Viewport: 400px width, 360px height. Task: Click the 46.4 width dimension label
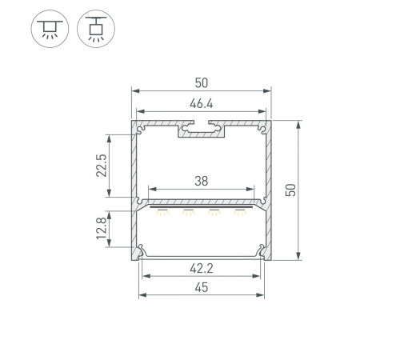[x=202, y=103]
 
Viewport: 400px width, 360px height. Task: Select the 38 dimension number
[x=202, y=181]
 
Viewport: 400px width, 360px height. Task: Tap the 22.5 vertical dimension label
[x=102, y=166]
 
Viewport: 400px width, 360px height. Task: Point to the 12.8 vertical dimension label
[x=102, y=228]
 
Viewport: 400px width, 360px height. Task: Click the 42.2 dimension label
[x=202, y=268]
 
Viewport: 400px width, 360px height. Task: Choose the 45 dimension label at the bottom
[x=202, y=287]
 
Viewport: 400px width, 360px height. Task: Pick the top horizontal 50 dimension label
[x=202, y=83]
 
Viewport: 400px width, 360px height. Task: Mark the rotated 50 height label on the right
[x=290, y=190]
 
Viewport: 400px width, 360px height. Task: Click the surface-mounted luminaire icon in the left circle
[x=50, y=29]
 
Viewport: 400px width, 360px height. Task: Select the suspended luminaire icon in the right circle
[x=96, y=29]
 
